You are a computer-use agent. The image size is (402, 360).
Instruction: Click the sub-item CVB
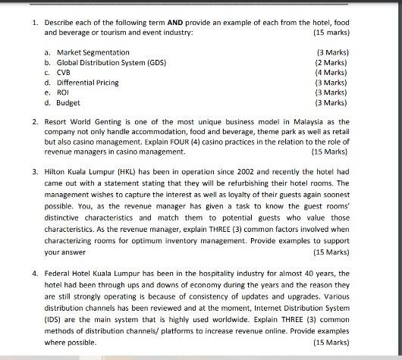tap(65, 72)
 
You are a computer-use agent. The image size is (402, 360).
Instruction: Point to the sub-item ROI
tap(64, 92)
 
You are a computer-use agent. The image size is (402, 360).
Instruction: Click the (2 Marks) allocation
tap(330, 62)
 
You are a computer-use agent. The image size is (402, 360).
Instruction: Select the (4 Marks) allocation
tap(330, 72)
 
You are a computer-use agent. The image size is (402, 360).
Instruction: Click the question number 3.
tap(35, 172)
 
